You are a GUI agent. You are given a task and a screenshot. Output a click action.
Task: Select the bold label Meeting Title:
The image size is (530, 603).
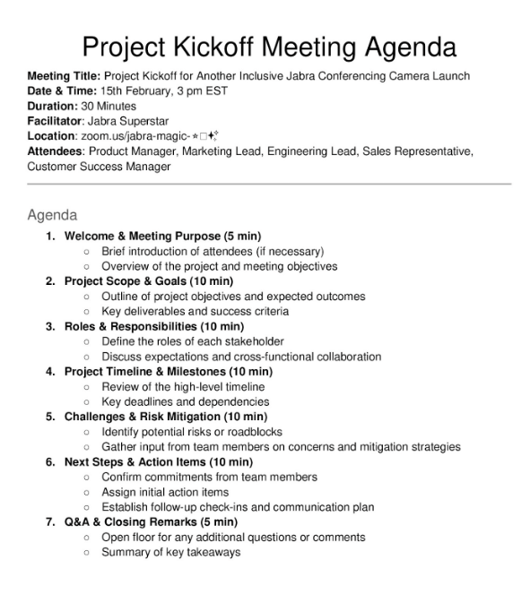coord(64,76)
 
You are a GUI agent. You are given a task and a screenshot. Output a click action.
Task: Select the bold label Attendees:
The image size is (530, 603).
coord(56,151)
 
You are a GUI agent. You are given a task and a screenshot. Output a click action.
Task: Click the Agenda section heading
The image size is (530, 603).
coord(52,215)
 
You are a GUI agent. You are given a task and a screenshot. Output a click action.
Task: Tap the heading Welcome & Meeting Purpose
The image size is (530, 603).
coord(142,237)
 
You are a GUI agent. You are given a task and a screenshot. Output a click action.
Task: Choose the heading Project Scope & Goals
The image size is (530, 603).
coord(125,281)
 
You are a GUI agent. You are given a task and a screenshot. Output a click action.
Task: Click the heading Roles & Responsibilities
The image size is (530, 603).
coord(131,326)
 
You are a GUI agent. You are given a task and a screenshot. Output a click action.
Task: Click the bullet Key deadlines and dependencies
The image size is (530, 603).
coord(185,401)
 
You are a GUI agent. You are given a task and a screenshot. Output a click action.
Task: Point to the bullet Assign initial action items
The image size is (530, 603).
coord(165,492)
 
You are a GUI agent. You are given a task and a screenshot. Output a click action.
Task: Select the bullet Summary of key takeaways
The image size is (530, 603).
coord(170,552)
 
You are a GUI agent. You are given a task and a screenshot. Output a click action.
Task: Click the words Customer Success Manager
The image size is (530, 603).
coord(99,167)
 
